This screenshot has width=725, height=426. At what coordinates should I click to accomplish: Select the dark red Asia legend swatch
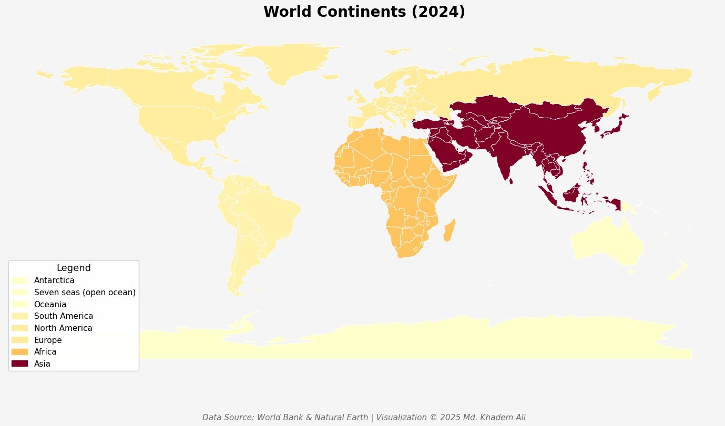19,363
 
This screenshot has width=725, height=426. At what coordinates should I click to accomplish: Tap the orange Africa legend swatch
19,351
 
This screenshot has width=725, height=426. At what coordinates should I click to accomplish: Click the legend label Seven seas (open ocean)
85,292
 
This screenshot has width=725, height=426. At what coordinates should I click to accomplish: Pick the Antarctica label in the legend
54,280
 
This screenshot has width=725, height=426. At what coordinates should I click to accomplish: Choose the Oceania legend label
50,304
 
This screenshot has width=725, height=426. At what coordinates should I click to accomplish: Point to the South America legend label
63,316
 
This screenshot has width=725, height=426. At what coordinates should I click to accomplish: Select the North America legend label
63,328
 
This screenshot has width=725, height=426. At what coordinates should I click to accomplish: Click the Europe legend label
48,340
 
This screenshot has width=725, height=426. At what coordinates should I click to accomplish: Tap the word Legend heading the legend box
74,268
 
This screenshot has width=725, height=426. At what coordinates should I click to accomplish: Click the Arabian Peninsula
450,152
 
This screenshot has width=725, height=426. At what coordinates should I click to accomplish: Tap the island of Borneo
573,194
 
